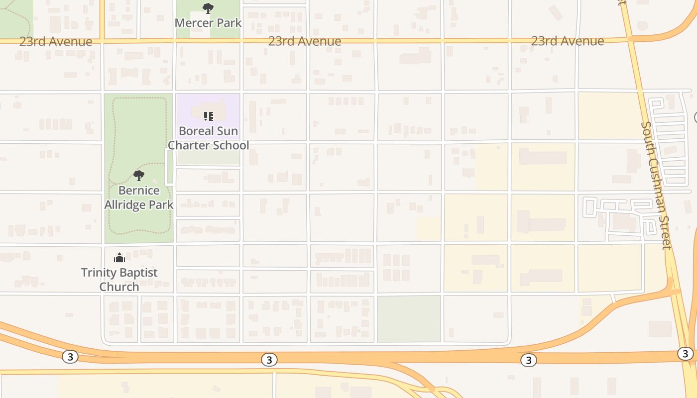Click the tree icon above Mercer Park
[x=208, y=8]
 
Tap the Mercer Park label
[x=208, y=23]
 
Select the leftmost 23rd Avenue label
[x=56, y=41]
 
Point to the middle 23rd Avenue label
[x=305, y=41]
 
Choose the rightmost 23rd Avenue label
[x=568, y=41]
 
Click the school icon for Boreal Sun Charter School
[x=208, y=116]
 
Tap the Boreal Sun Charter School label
[x=208, y=138]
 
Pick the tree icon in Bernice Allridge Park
[x=139, y=175]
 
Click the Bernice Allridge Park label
[x=139, y=198]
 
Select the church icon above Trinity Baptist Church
[x=119, y=258]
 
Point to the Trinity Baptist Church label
[x=119, y=280]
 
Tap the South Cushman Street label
[x=657, y=185]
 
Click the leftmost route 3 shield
[x=70, y=356]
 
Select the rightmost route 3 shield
[x=685, y=353]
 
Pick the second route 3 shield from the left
[x=269, y=359]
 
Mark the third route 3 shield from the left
[x=528, y=360]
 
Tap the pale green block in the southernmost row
[x=409, y=319]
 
